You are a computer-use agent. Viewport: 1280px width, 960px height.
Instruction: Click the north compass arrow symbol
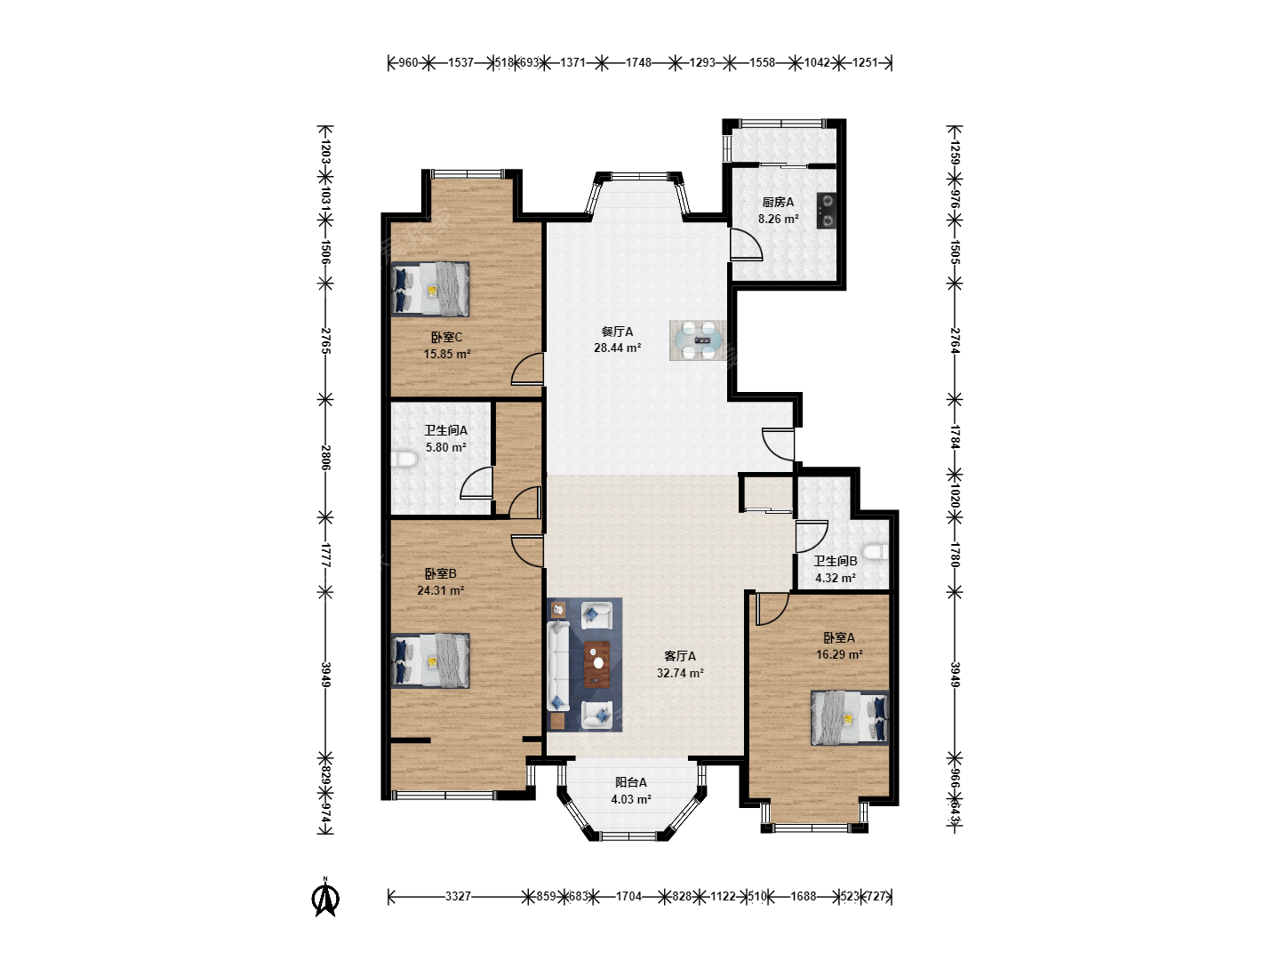coord(325,897)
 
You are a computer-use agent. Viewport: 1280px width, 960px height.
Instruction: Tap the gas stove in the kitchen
coord(827,211)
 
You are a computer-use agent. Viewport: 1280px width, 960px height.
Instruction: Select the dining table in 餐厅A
coord(698,340)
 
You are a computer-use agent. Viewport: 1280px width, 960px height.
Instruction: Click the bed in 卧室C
coord(430,289)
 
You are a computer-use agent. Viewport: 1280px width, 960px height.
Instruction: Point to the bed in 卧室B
coord(430,661)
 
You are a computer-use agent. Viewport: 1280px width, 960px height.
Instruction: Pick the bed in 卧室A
coord(850,717)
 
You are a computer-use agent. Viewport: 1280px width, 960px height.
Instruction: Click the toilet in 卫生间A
coord(405,460)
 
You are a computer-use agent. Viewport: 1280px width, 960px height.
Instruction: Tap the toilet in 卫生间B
coord(876,551)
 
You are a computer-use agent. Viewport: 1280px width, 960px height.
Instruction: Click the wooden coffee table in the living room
coord(596,664)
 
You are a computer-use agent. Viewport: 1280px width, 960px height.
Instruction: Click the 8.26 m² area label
coord(778,220)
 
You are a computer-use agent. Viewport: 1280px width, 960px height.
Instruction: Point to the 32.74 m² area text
coord(680,673)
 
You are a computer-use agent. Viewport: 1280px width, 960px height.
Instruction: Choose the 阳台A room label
coord(631,782)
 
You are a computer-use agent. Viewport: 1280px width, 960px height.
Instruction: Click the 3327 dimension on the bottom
coord(458,896)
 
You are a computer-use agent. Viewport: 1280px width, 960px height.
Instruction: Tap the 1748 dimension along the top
coord(638,62)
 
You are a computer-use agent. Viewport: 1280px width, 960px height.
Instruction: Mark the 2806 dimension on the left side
coord(326,458)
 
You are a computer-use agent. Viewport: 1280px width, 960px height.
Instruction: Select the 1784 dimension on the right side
coord(955,436)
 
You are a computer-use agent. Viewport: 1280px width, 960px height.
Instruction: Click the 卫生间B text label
coord(835,561)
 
